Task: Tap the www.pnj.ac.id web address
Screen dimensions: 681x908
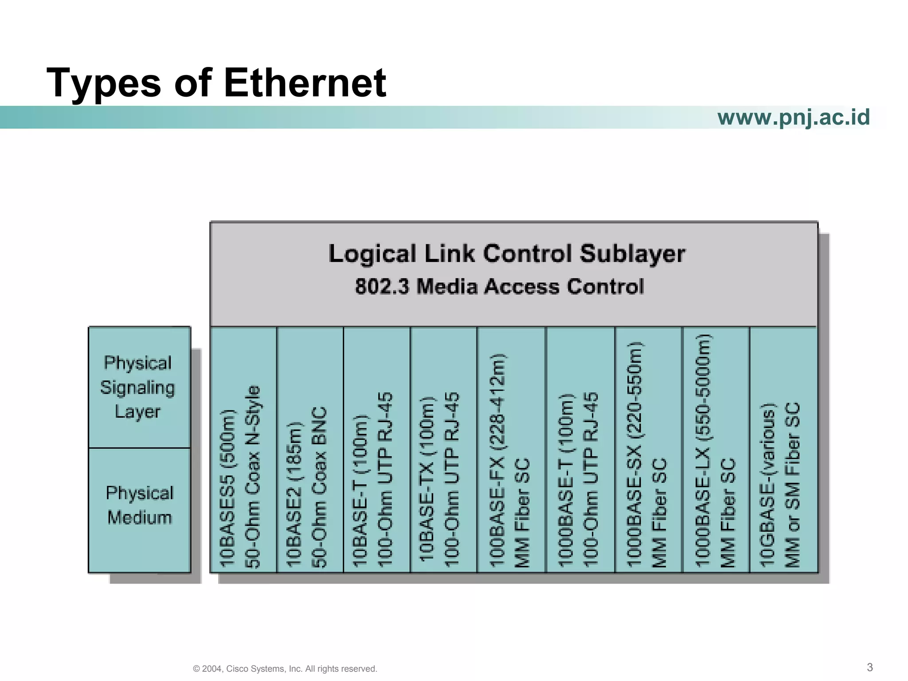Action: click(x=793, y=117)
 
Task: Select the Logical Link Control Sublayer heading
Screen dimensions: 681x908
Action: click(x=507, y=254)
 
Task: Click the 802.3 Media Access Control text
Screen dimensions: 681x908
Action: click(x=499, y=286)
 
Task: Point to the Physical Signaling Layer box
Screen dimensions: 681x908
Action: click(x=138, y=387)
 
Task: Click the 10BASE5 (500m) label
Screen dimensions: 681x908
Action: click(x=227, y=488)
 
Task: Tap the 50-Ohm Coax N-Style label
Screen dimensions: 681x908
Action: click(x=253, y=477)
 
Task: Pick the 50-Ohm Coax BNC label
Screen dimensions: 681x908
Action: click(x=319, y=488)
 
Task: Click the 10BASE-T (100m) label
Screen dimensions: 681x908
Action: click(x=360, y=491)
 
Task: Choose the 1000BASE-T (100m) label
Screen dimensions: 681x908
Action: click(x=565, y=480)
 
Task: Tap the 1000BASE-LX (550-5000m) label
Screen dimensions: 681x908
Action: click(x=703, y=450)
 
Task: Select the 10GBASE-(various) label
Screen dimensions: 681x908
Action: click(x=767, y=485)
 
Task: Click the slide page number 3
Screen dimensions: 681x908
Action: click(x=870, y=667)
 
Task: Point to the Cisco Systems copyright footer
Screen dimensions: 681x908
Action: click(x=285, y=669)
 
